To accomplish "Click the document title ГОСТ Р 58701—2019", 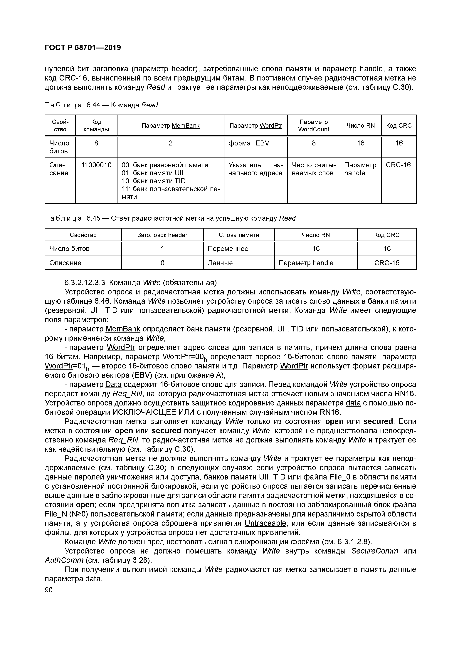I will [x=83, y=48].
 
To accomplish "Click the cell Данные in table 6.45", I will [x=220, y=263].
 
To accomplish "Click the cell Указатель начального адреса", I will [x=255, y=169].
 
